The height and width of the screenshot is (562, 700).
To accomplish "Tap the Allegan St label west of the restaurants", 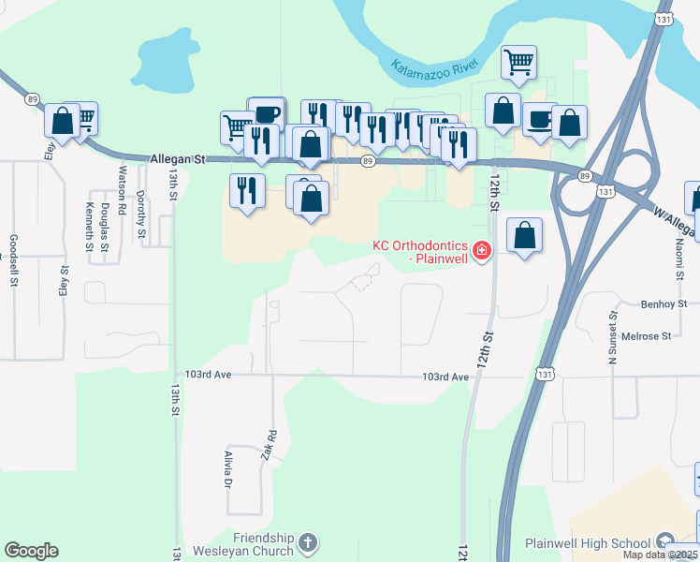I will [x=177, y=160].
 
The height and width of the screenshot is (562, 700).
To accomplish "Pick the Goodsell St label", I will [x=13, y=253].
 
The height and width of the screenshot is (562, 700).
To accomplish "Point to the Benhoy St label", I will [x=664, y=304].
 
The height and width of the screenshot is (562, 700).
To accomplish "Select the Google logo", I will [x=31, y=551].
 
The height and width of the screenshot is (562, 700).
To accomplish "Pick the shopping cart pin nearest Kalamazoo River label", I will [x=518, y=63].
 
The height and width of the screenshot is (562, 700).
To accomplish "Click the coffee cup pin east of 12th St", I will [x=540, y=120].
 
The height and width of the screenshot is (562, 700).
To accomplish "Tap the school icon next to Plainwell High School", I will [x=665, y=541].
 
